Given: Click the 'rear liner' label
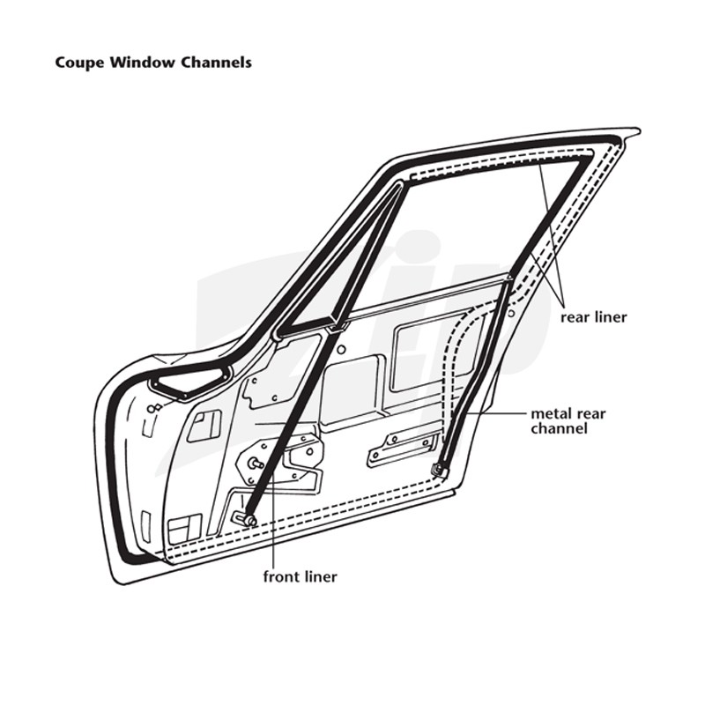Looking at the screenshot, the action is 593,317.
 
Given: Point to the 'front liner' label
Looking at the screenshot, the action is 300,576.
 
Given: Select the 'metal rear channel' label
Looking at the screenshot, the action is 568,421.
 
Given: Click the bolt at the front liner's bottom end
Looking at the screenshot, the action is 249,520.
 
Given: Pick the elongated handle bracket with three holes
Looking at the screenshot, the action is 403,447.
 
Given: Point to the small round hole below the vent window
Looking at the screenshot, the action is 341,348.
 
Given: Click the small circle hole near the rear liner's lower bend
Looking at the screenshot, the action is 511,313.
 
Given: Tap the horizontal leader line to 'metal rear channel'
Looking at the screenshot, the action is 496,412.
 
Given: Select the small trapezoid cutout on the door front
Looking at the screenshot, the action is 204,426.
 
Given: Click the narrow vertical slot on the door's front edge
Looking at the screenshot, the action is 145,523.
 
